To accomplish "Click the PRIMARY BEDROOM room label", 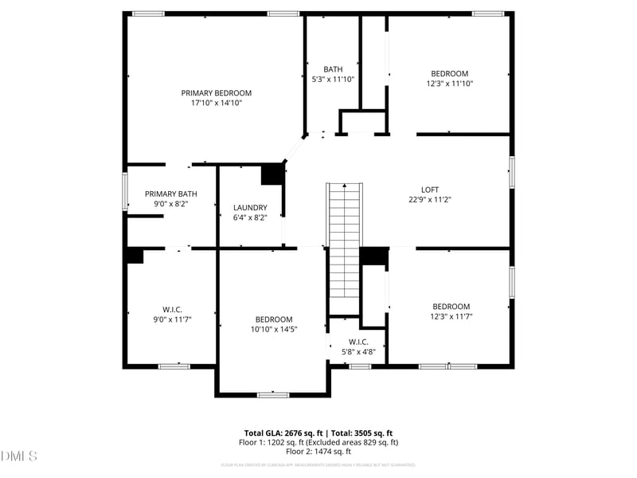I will point(216,92).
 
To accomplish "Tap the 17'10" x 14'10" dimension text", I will point(216,103).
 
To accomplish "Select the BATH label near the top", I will point(332,69).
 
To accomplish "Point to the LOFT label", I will point(429,190).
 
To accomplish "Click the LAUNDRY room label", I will point(250,207).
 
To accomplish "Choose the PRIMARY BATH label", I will point(170,194).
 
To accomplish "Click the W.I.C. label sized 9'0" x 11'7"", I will point(171,308).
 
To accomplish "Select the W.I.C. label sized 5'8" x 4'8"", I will point(358,342).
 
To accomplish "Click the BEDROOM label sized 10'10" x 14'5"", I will point(273,319).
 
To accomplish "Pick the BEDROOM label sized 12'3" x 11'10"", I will point(450,73).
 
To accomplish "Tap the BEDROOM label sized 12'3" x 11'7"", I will point(451,307).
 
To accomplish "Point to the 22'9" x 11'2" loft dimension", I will point(430,200).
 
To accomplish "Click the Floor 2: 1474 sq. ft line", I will point(318,451).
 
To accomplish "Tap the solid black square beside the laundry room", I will point(273,174).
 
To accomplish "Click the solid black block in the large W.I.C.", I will point(133,255).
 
